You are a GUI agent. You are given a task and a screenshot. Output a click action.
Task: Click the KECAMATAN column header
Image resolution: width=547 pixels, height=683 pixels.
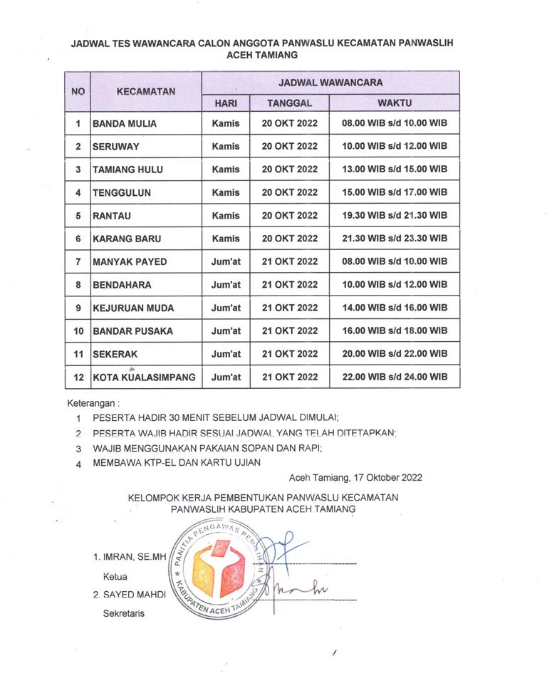[x=145, y=92]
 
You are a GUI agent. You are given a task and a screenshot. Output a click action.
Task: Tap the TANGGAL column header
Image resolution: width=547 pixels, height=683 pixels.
[x=289, y=103]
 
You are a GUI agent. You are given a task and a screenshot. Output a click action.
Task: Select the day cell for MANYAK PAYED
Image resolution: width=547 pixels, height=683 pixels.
[x=226, y=261]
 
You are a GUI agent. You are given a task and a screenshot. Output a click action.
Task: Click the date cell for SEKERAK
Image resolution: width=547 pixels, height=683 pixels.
[x=289, y=354]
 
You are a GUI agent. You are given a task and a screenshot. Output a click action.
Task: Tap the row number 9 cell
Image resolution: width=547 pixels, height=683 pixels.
[x=78, y=308]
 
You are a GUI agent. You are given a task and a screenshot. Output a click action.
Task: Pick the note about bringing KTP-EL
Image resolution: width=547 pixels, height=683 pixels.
[x=177, y=463]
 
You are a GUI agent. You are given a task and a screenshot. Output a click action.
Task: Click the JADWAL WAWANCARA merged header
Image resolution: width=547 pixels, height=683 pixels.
[x=330, y=82]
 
